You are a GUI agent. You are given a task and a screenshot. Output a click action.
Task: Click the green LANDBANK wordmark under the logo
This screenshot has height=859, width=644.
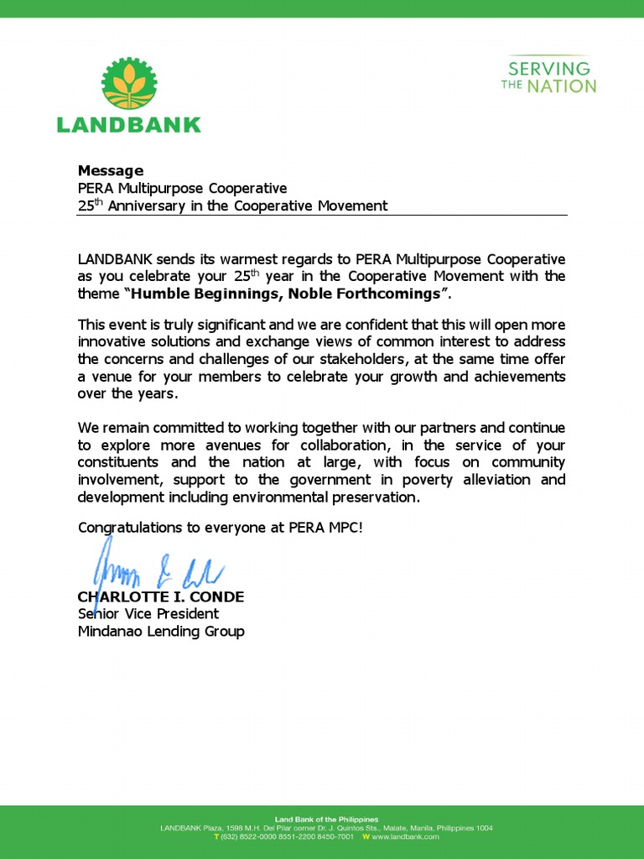tap(128, 125)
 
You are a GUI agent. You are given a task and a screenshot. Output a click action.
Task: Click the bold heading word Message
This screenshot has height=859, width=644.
tap(111, 171)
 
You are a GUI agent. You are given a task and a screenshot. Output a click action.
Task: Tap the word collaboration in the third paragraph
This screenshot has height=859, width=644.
tap(387, 445)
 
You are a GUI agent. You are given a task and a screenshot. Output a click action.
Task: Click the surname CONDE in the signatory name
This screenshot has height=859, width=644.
tap(216, 596)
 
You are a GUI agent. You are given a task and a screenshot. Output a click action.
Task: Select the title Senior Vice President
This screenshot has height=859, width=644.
tap(148, 614)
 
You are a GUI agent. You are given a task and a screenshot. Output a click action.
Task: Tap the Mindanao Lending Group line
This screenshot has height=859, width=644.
tap(161, 631)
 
